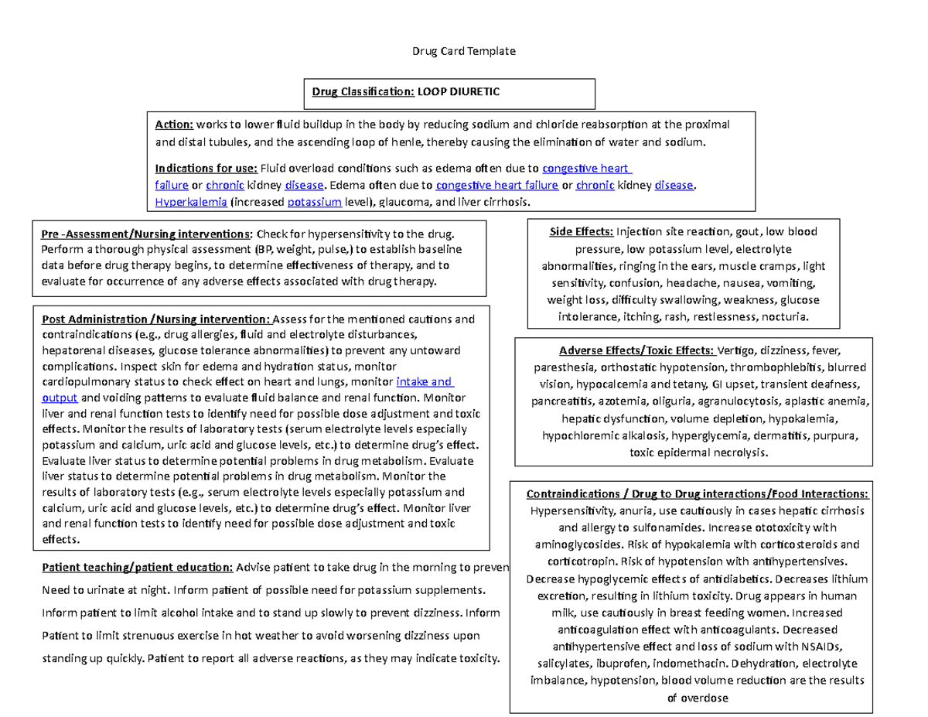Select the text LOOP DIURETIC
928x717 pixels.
459,92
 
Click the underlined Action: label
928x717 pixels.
174,124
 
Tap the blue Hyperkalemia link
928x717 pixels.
191,203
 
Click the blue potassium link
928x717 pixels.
314,203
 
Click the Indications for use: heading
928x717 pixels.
206,168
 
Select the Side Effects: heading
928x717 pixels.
581,231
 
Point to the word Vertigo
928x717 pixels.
738,350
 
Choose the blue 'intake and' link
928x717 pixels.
424,381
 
